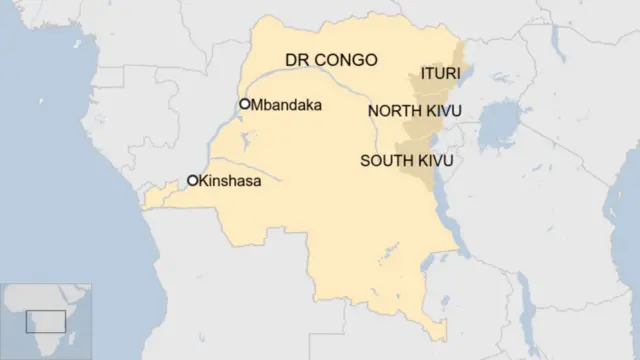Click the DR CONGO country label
(x=331, y=60)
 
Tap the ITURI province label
(x=440, y=74)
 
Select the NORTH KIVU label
(x=413, y=110)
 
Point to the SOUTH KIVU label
(x=407, y=160)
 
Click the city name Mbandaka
(x=286, y=104)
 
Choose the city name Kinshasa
(x=230, y=181)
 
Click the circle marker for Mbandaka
(x=244, y=104)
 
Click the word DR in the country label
(x=297, y=60)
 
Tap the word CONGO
(x=344, y=60)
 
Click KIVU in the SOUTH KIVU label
(x=435, y=160)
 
